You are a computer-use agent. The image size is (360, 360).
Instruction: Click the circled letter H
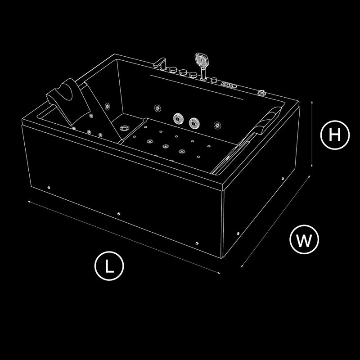point(335,135)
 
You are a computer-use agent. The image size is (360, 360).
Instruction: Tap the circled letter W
point(304,239)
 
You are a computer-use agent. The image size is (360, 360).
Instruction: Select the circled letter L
point(109,266)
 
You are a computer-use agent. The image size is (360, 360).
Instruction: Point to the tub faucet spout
point(160,63)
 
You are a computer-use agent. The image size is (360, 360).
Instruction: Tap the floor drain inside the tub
point(125,128)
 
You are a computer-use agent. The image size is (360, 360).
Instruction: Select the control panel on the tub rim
point(229,85)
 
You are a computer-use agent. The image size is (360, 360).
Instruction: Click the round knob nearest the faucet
point(173,70)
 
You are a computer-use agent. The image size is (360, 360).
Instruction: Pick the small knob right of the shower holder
point(214,80)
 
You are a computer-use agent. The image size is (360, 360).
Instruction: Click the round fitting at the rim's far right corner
point(262,93)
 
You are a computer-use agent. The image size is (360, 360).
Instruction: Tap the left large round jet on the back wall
point(178,118)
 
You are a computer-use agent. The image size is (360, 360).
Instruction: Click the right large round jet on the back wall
point(194,123)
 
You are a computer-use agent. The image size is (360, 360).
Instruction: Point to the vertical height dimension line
point(312,134)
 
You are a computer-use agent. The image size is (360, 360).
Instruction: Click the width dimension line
point(275,221)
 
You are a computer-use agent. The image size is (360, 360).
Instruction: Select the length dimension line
point(124,238)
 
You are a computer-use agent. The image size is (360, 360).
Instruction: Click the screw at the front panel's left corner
point(49,188)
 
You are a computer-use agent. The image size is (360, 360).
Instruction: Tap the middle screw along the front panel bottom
point(119,214)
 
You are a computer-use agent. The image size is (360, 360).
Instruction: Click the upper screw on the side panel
point(283,178)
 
